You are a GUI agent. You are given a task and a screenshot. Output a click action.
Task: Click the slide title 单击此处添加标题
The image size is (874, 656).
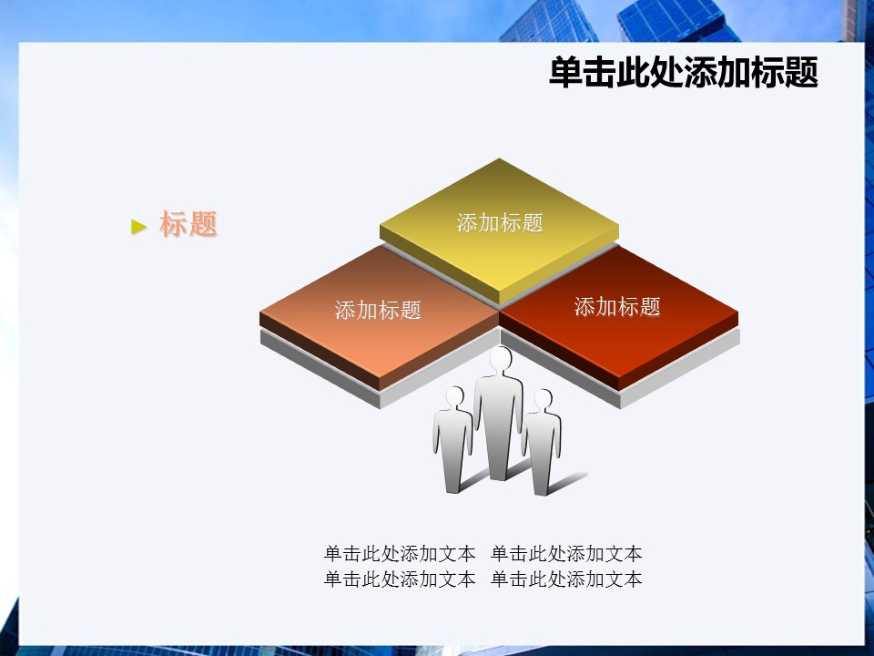[684, 73]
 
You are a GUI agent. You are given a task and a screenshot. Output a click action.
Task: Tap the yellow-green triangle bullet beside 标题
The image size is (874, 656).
[138, 227]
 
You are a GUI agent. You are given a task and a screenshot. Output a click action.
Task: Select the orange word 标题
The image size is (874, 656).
[188, 224]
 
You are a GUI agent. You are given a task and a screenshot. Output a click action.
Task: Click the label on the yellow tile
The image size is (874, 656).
[500, 222]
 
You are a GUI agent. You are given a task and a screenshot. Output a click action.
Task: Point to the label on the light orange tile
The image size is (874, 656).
[378, 310]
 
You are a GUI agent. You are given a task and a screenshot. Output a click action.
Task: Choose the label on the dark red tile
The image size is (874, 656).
[617, 306]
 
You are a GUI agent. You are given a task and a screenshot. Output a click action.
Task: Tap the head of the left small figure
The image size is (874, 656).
[455, 396]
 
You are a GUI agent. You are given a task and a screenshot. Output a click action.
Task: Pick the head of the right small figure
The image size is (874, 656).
[543, 399]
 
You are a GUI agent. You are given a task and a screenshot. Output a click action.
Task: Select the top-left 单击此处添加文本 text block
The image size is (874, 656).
[399, 553]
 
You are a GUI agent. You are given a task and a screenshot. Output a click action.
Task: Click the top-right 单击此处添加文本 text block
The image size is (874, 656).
[566, 553]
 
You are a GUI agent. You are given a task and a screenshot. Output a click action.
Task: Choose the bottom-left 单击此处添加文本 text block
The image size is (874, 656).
[399, 579]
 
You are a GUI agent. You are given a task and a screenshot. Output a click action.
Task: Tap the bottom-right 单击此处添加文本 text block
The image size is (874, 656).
[566, 579]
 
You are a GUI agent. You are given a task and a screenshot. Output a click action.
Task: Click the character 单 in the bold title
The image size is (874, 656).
[565, 73]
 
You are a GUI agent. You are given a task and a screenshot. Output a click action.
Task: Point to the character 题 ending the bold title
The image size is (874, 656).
[801, 73]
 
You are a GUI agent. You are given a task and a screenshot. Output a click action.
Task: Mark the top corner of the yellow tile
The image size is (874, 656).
[500, 159]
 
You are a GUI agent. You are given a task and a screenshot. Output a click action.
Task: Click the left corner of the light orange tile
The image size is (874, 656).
[260, 314]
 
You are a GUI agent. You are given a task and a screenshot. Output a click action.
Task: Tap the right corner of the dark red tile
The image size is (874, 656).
[738, 315]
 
